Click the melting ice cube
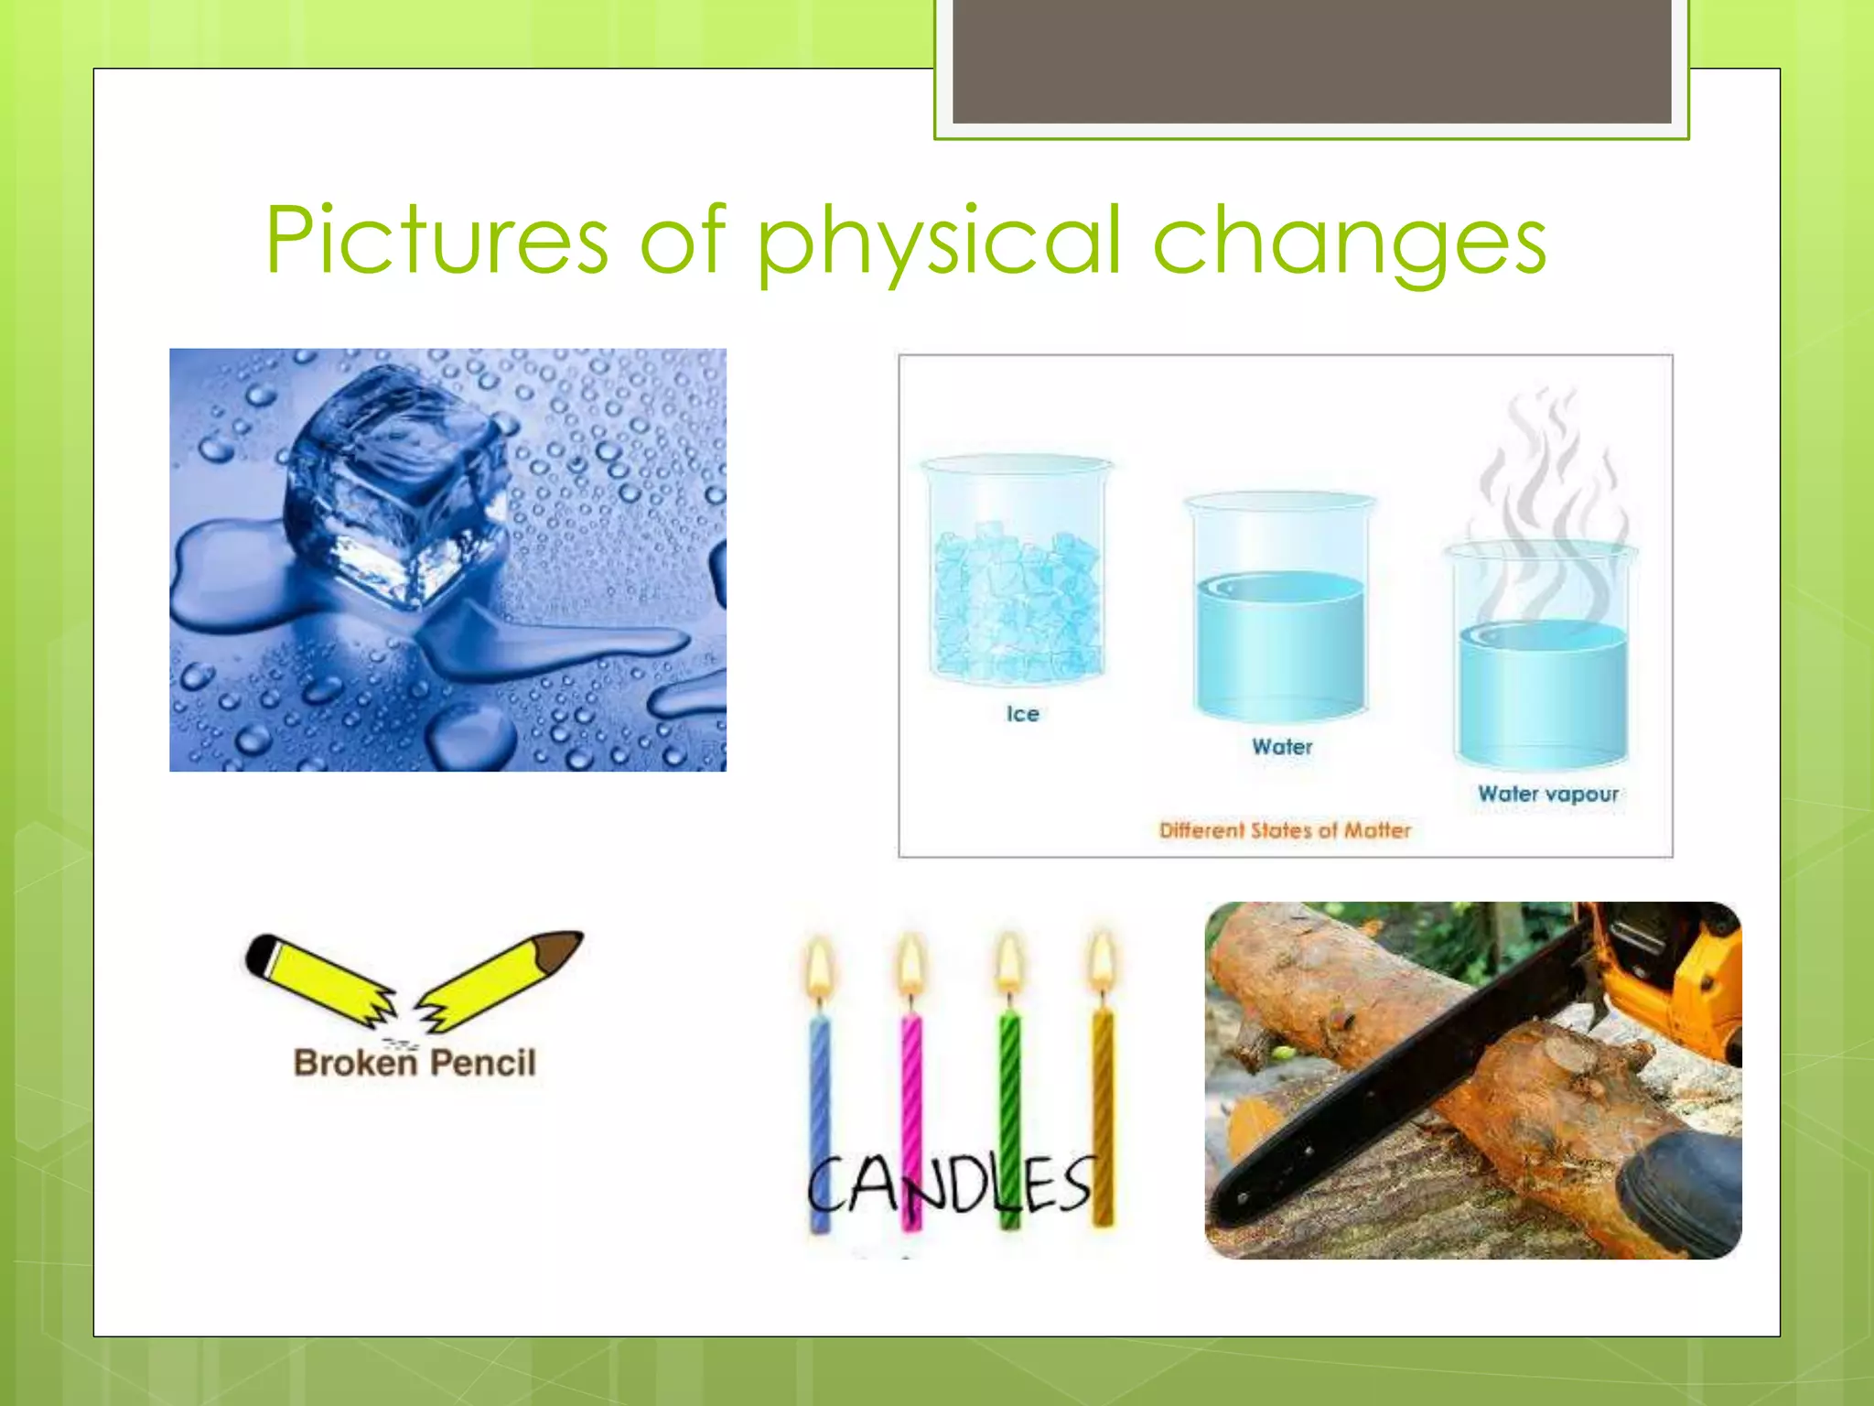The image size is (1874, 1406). (x=398, y=485)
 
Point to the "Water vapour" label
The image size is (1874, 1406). (x=1547, y=794)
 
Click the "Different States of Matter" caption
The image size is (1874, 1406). (x=1285, y=830)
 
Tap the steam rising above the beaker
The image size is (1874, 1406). (x=1546, y=476)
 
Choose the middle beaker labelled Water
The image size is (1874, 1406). (x=1280, y=609)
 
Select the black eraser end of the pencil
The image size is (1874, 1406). (x=262, y=954)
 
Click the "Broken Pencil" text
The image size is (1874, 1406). (x=415, y=1063)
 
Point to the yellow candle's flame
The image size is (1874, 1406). (x=1103, y=961)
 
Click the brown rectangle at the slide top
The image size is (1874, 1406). (x=1311, y=59)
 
